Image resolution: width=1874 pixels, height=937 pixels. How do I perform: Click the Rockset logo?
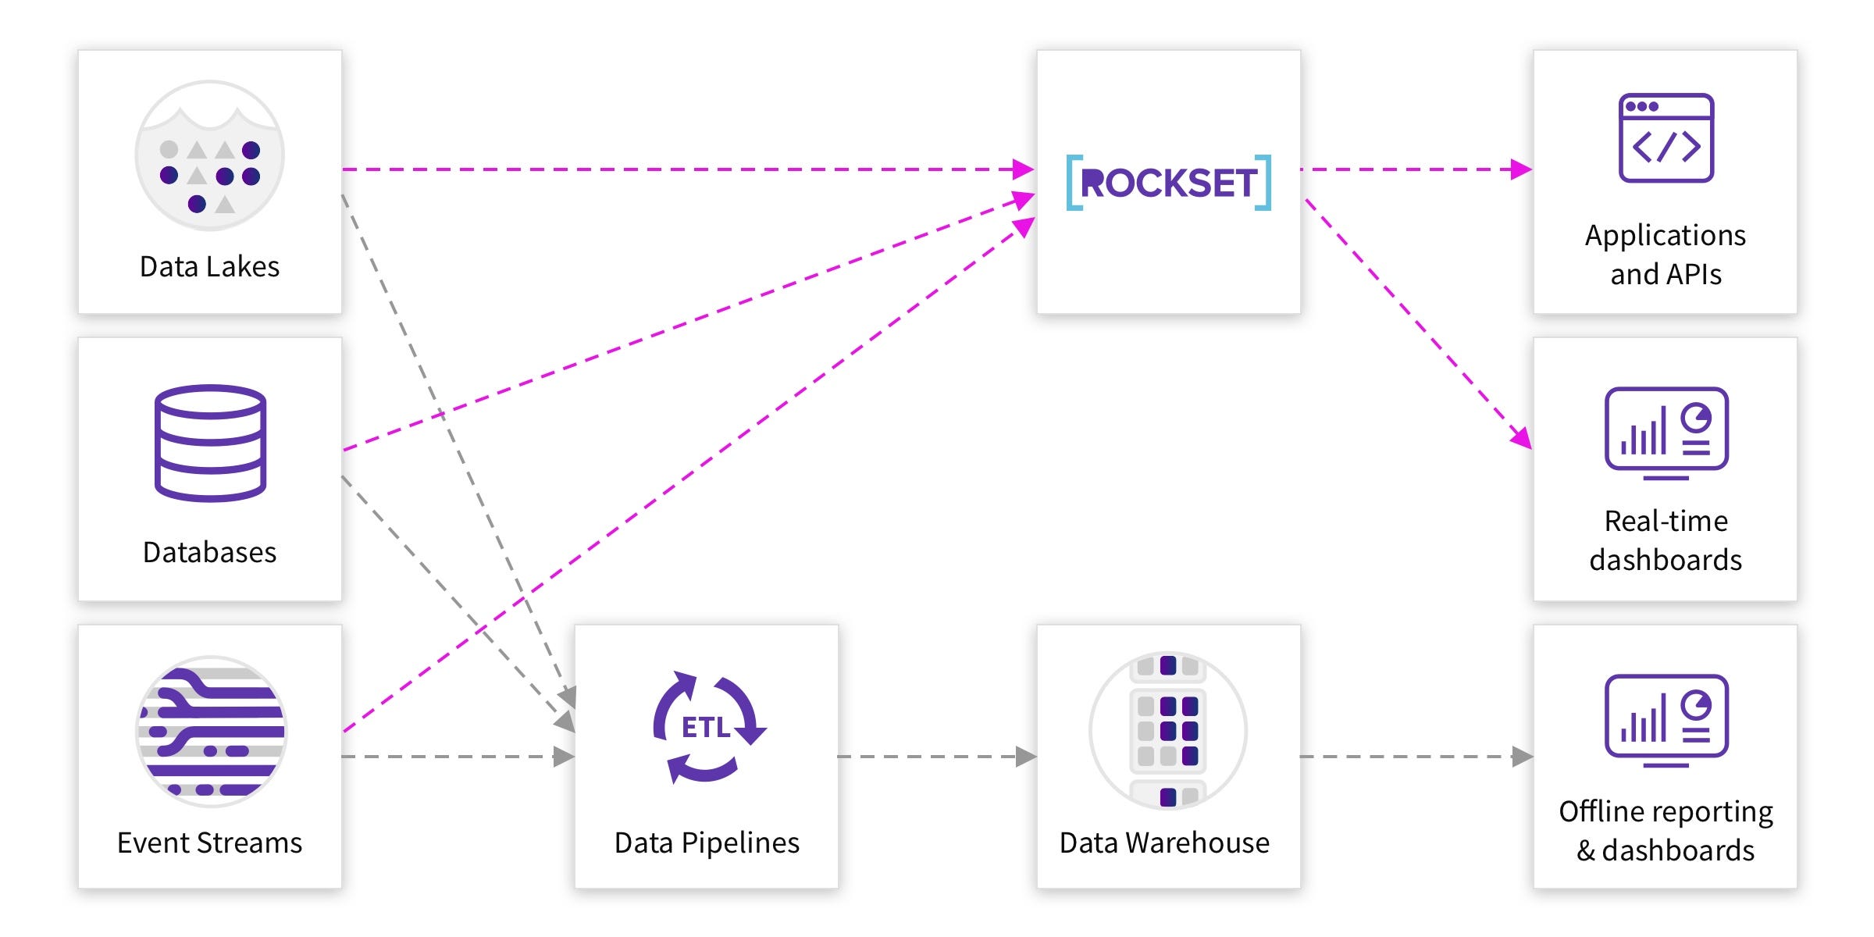pos(1168,183)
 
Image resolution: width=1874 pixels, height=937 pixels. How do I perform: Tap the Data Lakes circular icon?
pos(209,155)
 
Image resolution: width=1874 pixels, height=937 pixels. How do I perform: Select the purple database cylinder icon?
pos(210,443)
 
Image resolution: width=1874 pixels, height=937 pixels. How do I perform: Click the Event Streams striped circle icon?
pos(211,731)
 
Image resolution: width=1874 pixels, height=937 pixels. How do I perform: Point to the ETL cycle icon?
pos(707,727)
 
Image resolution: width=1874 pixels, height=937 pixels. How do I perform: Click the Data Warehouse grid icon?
pos(1167,731)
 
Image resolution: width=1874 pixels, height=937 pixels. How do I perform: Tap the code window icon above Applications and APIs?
pos(1666,138)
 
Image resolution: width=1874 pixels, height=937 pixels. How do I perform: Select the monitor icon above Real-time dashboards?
pos(1666,432)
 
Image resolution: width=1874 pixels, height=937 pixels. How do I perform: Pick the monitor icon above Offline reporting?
pos(1666,719)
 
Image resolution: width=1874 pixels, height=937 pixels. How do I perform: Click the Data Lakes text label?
pos(209,267)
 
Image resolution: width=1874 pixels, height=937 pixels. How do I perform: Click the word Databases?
pos(209,553)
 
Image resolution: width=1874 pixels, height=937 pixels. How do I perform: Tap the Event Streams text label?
pos(209,843)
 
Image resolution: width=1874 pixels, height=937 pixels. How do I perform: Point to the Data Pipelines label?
pos(707,843)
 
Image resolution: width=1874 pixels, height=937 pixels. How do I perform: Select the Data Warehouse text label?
pos(1164,843)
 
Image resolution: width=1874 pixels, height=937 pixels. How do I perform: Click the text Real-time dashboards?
pos(1666,540)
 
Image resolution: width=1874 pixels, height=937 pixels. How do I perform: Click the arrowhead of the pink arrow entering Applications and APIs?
pos(1521,169)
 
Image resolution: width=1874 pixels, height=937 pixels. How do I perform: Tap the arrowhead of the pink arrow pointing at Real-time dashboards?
pos(1521,438)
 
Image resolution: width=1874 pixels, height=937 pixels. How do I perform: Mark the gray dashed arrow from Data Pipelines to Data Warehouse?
pos(937,756)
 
